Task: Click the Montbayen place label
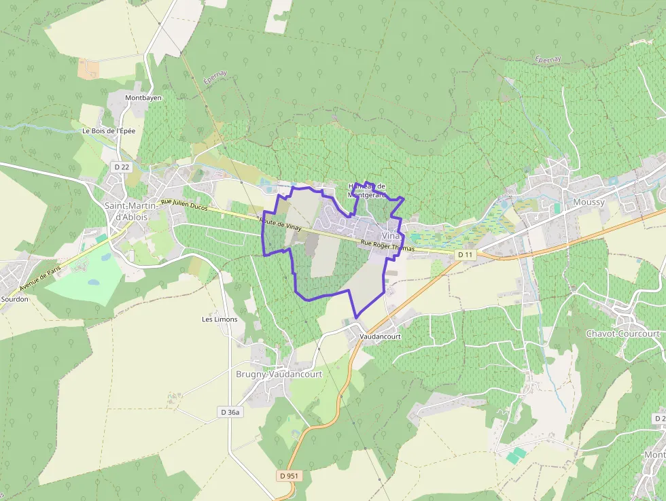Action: [x=143, y=98]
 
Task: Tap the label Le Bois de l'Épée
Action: [x=109, y=131]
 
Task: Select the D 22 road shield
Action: [x=122, y=167]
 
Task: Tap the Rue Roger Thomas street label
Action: [x=387, y=245]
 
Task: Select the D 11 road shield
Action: [x=465, y=254]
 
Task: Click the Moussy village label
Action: [x=588, y=203]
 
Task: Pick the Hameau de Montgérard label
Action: [x=366, y=190]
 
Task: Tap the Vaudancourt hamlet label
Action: [x=381, y=336]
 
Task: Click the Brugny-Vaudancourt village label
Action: [x=288, y=374]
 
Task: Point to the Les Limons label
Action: [x=220, y=319]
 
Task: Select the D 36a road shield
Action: [x=230, y=412]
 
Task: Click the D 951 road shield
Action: [x=288, y=476]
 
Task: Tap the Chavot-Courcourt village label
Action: [x=623, y=334]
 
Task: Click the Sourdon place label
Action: [x=14, y=298]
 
